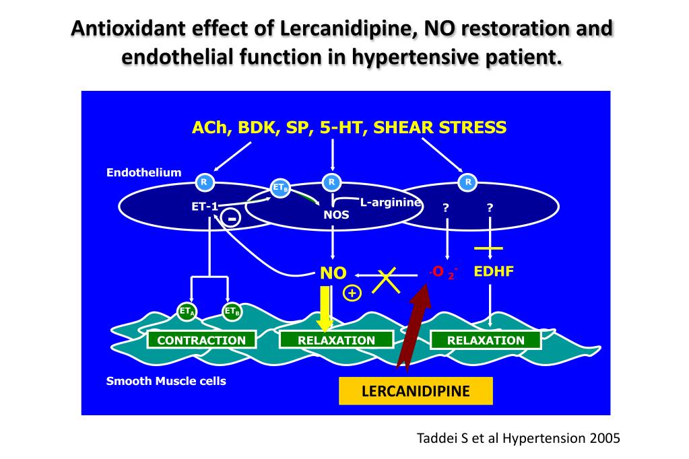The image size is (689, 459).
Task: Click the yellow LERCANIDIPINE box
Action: click(416, 391)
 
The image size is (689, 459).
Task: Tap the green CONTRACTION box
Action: click(201, 340)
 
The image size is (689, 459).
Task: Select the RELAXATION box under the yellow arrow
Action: click(336, 340)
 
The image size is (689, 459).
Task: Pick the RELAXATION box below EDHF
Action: click(486, 340)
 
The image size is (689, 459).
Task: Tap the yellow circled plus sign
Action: click(352, 293)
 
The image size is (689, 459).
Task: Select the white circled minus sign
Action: click(231, 219)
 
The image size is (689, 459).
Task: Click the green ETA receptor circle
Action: click(187, 311)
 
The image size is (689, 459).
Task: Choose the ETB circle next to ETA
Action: click(232, 311)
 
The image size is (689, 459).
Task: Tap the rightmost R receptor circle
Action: click(468, 182)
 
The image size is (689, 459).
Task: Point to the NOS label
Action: click(336, 215)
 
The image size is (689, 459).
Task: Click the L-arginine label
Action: click(391, 202)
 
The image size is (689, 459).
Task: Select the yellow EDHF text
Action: click(494, 272)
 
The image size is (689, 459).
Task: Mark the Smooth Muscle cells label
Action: click(166, 381)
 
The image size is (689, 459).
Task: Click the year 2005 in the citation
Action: click(603, 437)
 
